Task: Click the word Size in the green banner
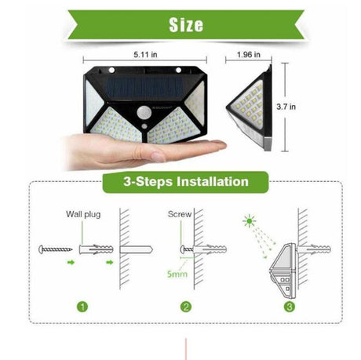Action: click(186, 24)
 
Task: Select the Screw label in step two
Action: click(180, 213)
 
